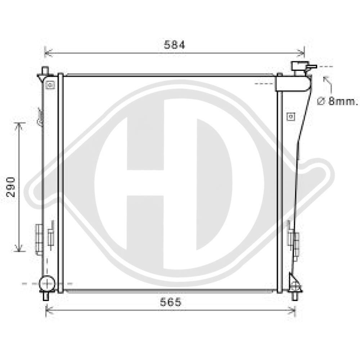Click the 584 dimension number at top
175,45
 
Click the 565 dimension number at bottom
171,302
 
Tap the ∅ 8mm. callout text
337,101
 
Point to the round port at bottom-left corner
47,284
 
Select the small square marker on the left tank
50,85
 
